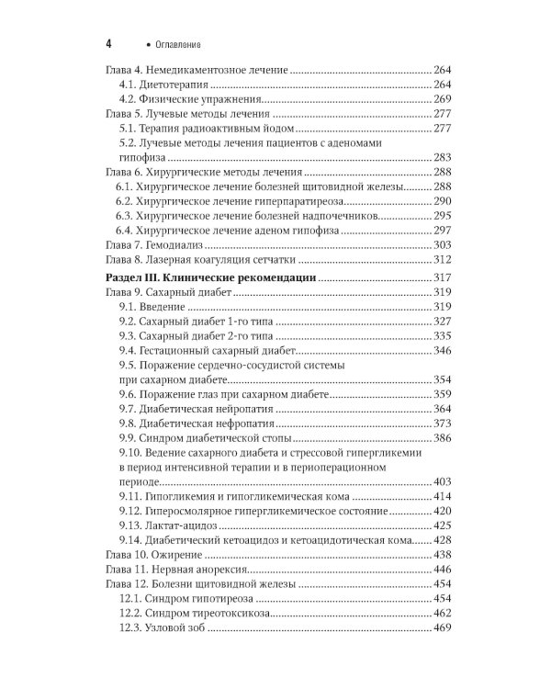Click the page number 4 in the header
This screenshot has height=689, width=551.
pyautogui.click(x=109, y=44)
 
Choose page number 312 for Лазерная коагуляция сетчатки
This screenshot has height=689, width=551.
pyautogui.click(x=444, y=260)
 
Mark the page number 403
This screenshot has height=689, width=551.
pyautogui.click(x=444, y=480)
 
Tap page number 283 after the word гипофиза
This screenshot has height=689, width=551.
pyautogui.click(x=444, y=157)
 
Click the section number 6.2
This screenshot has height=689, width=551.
pyautogui.click(x=125, y=201)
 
